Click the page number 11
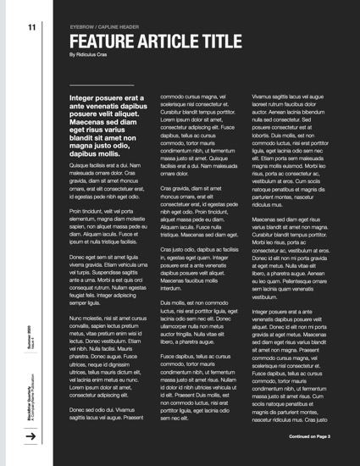31,27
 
